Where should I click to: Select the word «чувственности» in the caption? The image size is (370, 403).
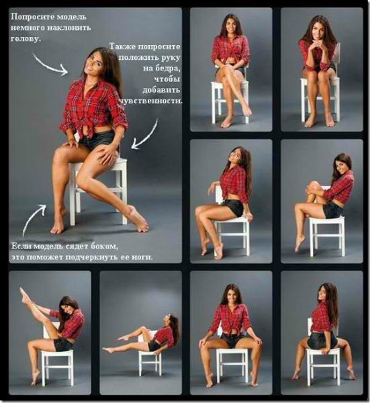[151, 101]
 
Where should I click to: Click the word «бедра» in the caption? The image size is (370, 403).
[167, 69]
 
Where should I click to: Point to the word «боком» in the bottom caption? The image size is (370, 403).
[105, 247]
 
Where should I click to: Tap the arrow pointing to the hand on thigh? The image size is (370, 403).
[146, 135]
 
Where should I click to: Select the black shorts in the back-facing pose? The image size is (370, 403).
[322, 341]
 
